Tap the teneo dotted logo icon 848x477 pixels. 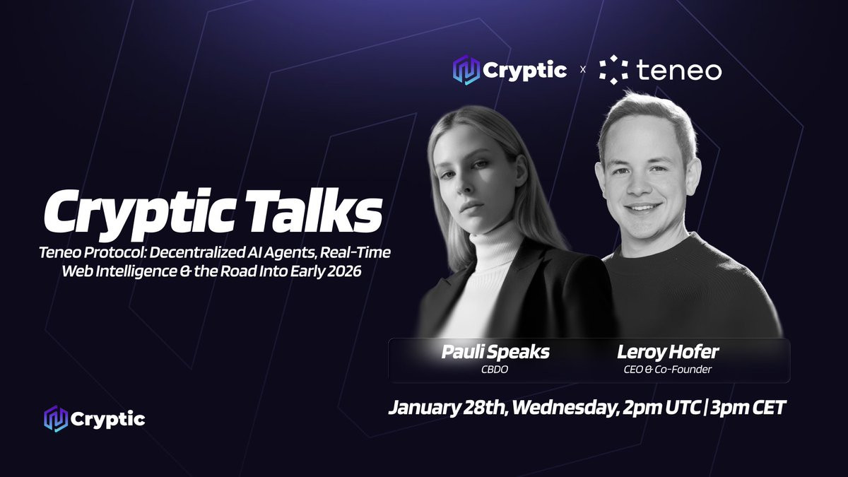tap(613, 70)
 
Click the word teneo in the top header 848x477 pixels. tap(679, 71)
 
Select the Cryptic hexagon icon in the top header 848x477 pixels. tap(466, 70)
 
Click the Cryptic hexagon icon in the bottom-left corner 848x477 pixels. tap(56, 418)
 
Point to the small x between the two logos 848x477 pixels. tap(582, 70)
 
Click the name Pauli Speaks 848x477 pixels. tap(495, 352)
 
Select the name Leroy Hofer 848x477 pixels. tap(668, 352)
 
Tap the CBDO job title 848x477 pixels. tap(495, 370)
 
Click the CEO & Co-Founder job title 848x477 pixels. tap(668, 370)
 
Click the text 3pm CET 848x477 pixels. tap(748, 408)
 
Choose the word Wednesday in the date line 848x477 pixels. tap(564, 408)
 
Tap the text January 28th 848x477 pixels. tap(447, 408)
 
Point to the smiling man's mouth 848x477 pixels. tap(642, 208)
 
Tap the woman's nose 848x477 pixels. tap(466, 184)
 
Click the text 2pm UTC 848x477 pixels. tap(661, 408)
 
